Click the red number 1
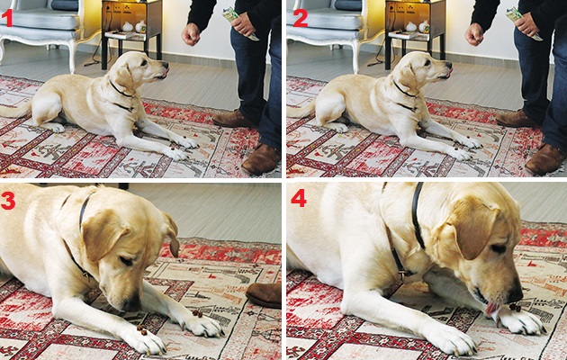click(x=7, y=18)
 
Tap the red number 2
click(x=301, y=18)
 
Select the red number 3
click(x=8, y=201)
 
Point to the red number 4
click(x=299, y=198)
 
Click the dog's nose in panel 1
click(x=165, y=65)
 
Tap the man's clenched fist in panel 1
click(x=191, y=34)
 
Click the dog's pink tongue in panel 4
click(x=491, y=309)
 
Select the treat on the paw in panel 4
click(x=515, y=308)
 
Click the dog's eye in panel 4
click(x=499, y=248)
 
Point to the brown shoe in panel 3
click(x=264, y=294)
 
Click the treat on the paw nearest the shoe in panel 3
click(x=197, y=313)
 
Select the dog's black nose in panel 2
click(x=448, y=66)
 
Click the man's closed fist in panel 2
click(x=474, y=34)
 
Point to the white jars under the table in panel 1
click(x=134, y=27)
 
